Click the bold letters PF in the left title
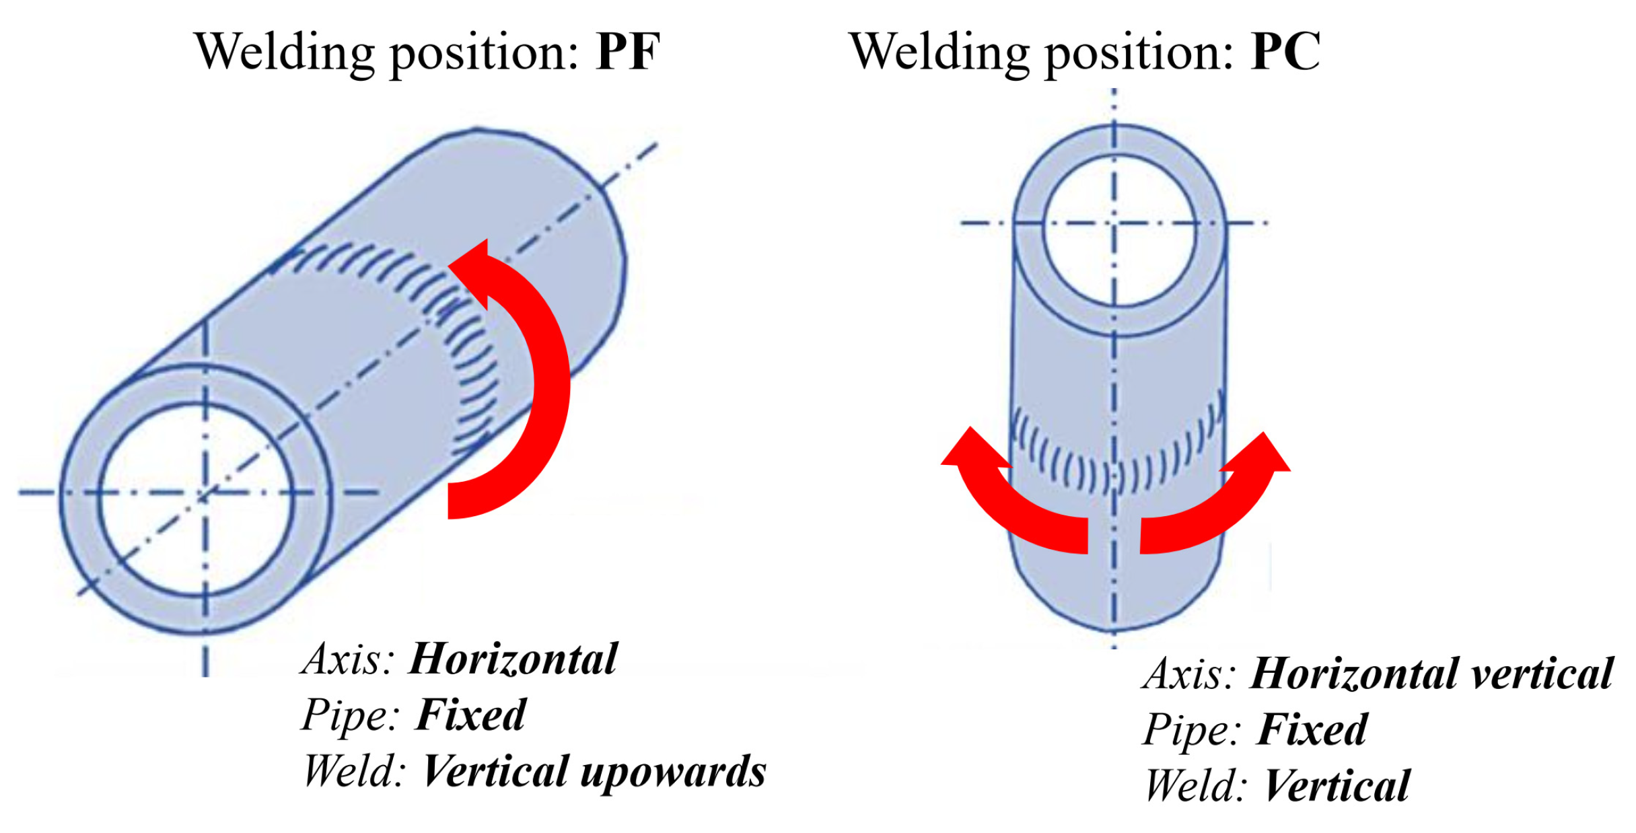(627, 52)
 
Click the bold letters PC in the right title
(1285, 52)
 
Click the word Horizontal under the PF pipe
(513, 659)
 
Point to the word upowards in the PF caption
(673, 772)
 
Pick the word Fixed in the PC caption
(1312, 730)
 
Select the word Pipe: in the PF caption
(351, 715)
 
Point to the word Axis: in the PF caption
(348, 659)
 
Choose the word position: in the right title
(1138, 53)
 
